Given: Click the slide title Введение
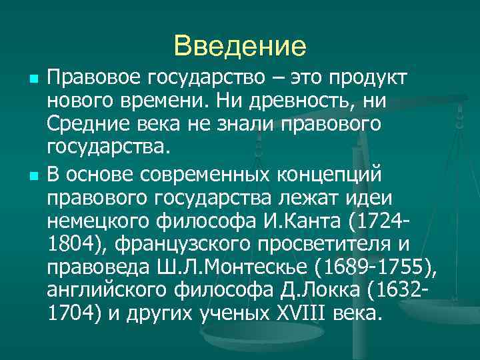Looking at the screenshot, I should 239,47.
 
